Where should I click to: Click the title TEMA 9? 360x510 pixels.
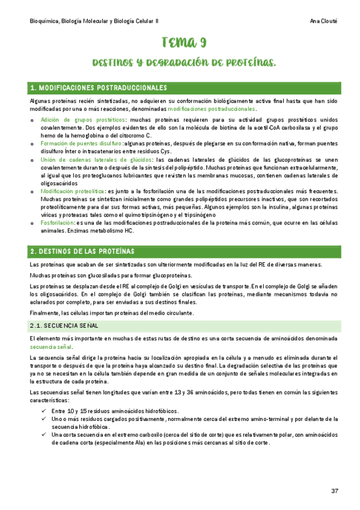coord(184,42)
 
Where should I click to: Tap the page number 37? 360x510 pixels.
coord(335,491)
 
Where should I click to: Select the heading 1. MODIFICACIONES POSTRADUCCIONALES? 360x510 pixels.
coord(98,88)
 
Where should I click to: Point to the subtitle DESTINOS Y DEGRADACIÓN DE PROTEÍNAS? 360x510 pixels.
coord(184,63)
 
